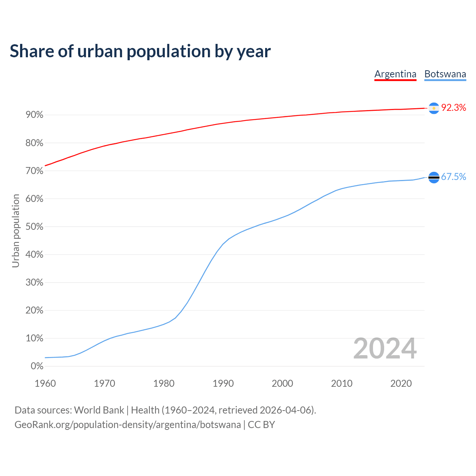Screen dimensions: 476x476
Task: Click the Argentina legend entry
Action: [395, 74]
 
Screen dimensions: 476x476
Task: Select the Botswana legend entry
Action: [445, 74]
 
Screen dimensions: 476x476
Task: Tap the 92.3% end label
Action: [454, 108]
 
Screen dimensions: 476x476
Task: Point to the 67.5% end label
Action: [454, 177]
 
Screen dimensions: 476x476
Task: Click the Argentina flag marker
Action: [434, 108]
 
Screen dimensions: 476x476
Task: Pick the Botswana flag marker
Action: [434, 177]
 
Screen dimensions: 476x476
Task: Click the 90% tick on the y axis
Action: [35, 115]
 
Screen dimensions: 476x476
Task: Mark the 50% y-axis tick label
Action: [35, 227]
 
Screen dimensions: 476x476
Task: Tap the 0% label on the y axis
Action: [37, 366]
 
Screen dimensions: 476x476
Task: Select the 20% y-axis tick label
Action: [35, 311]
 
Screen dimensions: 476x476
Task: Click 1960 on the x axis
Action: [45, 383]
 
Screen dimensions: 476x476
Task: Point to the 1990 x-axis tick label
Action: [223, 383]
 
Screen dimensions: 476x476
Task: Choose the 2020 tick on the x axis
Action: [401, 383]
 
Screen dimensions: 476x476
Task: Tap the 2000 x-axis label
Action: [282, 383]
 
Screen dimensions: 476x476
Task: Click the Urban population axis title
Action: [16, 231]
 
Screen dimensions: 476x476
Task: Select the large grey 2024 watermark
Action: [385, 348]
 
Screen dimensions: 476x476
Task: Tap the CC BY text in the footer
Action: [261, 425]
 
